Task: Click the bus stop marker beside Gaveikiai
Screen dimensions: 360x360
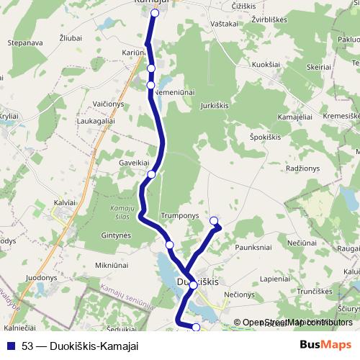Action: [152, 174]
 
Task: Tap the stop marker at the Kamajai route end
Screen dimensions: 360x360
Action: [155, 13]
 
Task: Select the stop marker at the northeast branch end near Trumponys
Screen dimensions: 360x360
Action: [213, 221]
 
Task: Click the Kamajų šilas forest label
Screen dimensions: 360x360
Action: [112, 212]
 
